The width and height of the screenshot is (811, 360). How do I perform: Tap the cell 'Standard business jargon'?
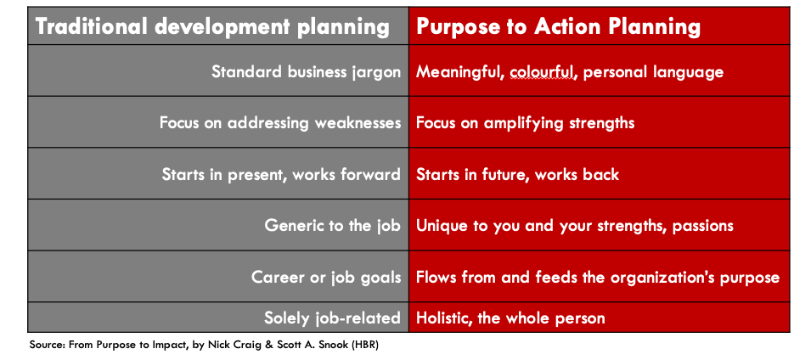tap(307, 71)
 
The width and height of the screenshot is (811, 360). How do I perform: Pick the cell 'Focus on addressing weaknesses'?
tap(280, 123)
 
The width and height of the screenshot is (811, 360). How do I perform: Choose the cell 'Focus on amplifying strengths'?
tap(526, 123)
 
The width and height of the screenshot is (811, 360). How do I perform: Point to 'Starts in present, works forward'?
tap(281, 174)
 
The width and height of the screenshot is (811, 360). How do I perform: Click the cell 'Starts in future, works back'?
tap(518, 174)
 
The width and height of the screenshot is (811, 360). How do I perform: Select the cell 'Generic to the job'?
tap(333, 226)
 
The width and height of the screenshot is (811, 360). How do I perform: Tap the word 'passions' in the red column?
tap(703, 227)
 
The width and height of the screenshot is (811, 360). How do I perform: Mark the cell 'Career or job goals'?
tap(326, 278)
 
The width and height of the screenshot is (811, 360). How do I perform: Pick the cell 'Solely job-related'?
tap(333, 318)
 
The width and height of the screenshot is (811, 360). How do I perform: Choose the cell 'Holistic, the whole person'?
tap(510, 318)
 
